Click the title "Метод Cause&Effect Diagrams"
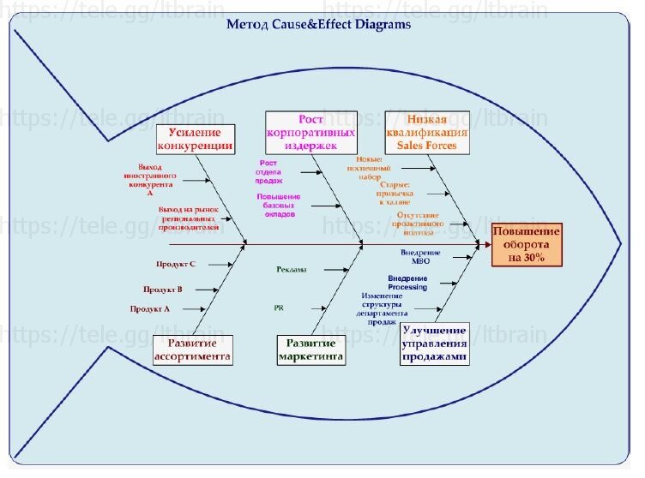click(318, 24)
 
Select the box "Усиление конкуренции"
click(195, 139)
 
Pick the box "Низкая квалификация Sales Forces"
click(426, 133)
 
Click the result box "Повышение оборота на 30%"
click(526, 244)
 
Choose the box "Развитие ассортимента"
click(192, 350)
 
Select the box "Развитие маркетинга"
click(310, 350)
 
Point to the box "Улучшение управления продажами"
click(434, 344)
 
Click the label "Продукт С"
click(176, 265)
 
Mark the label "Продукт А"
click(150, 308)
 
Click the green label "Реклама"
click(292, 270)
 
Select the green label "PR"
click(279, 307)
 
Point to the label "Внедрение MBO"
click(420, 256)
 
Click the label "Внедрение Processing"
click(407, 283)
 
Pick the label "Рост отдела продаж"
click(268, 171)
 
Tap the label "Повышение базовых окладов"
click(279, 205)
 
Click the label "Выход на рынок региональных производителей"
click(189, 218)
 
